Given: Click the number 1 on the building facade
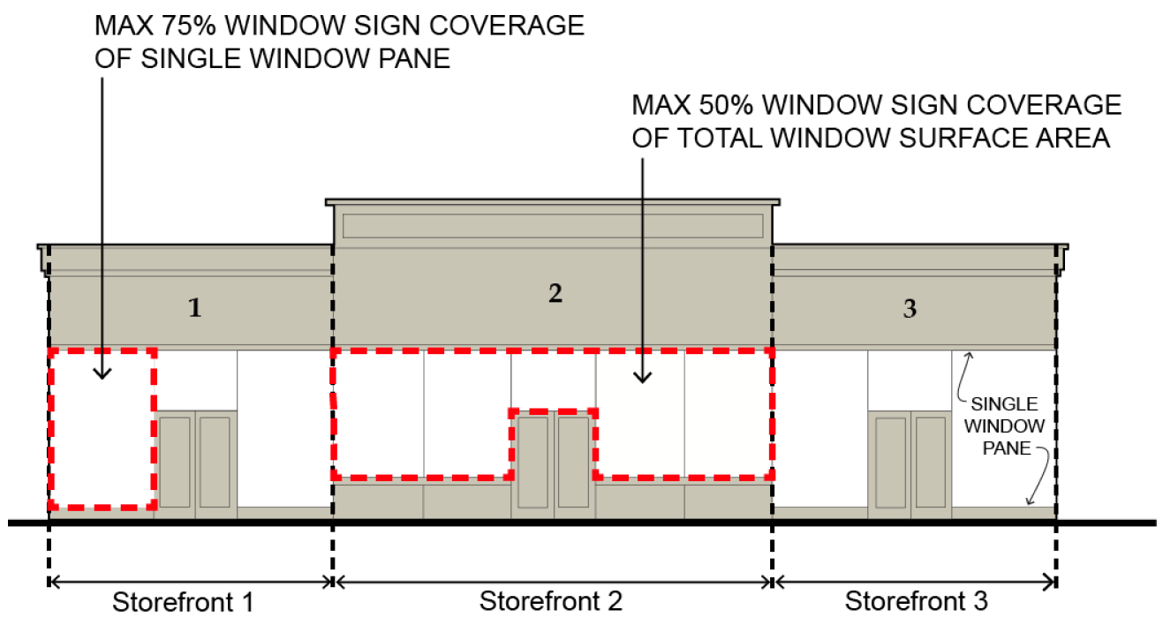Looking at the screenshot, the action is coord(195,308).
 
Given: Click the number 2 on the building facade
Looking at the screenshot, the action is coord(555,294).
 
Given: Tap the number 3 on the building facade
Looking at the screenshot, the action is coord(910,309).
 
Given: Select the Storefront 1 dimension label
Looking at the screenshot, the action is coord(183,603).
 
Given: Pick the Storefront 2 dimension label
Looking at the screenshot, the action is coord(551,601).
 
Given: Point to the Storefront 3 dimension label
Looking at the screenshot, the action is coord(917,601).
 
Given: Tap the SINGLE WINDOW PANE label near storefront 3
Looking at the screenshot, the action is coord(1003,425).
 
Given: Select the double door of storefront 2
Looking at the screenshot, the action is coord(554,462).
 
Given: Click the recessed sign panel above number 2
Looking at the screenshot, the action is coord(553,226).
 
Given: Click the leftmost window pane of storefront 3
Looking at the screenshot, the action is coord(819,428).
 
